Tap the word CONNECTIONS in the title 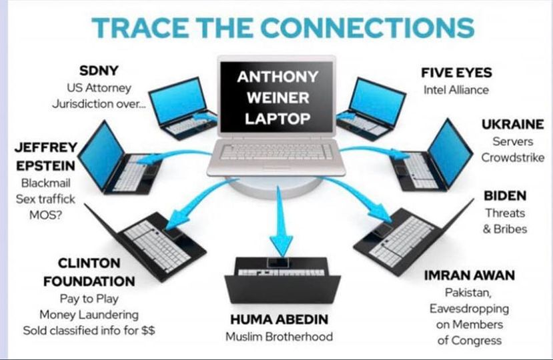pos(368,27)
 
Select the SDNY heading pos(99,71)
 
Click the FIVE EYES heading pos(456,73)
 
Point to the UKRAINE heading pos(513,124)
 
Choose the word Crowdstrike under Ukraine pos(513,157)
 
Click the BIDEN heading pos(505,196)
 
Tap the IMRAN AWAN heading pos(470,275)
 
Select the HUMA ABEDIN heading pos(280,319)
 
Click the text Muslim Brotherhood pos(279,337)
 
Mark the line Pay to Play pos(89,299)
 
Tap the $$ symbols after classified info pos(148,331)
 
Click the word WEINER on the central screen pos(278,98)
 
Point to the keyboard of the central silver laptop pos(276,152)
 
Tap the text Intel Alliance pos(456,90)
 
